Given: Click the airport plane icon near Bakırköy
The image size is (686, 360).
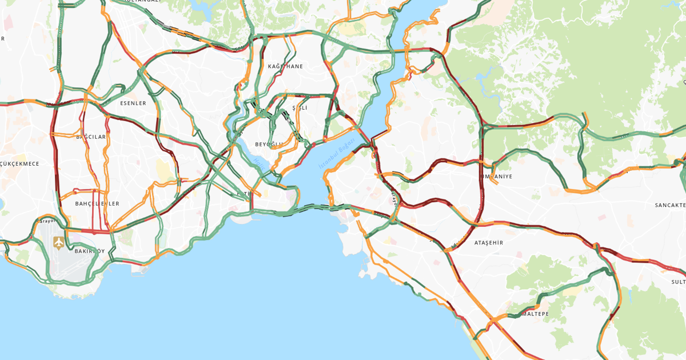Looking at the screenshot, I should coord(59,242).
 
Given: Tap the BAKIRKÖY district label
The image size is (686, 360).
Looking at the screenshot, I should coord(90,251).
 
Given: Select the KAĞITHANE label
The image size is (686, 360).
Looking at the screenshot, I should coord(286,66).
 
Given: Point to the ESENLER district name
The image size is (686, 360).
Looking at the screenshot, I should coord(133,103).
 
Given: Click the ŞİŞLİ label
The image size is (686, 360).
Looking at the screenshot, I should coord(300,107).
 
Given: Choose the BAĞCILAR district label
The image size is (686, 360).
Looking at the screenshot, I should coord(91,137).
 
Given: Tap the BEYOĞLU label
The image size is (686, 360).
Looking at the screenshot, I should coord(269,144).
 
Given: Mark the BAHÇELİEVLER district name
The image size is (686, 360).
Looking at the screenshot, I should coord(97,203).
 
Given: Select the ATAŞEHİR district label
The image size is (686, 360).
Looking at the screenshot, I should coord(489,243).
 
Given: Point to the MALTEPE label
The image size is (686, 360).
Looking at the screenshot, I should coord(533,314).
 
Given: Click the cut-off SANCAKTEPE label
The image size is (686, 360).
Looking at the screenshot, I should coord(670,205).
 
